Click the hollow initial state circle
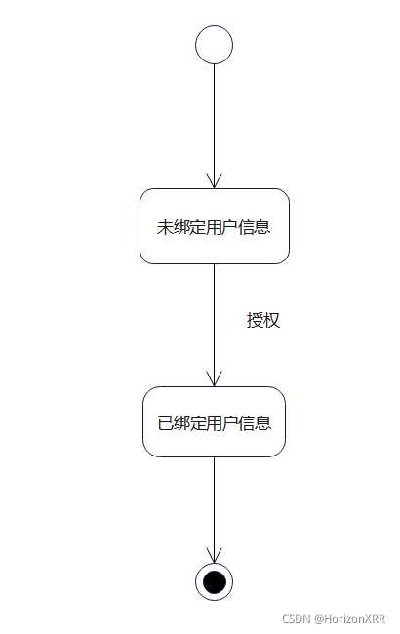[214, 45]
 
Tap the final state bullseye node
[214, 582]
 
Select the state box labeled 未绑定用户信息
[215, 226]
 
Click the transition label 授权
[263, 320]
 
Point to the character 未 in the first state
[165, 228]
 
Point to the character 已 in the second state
[165, 424]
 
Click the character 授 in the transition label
[256, 320]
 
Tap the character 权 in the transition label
[272, 320]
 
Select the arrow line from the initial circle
[214, 117]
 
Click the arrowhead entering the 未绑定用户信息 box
[214, 181]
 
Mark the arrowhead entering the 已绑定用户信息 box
[214, 379]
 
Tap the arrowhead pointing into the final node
[214, 556]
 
